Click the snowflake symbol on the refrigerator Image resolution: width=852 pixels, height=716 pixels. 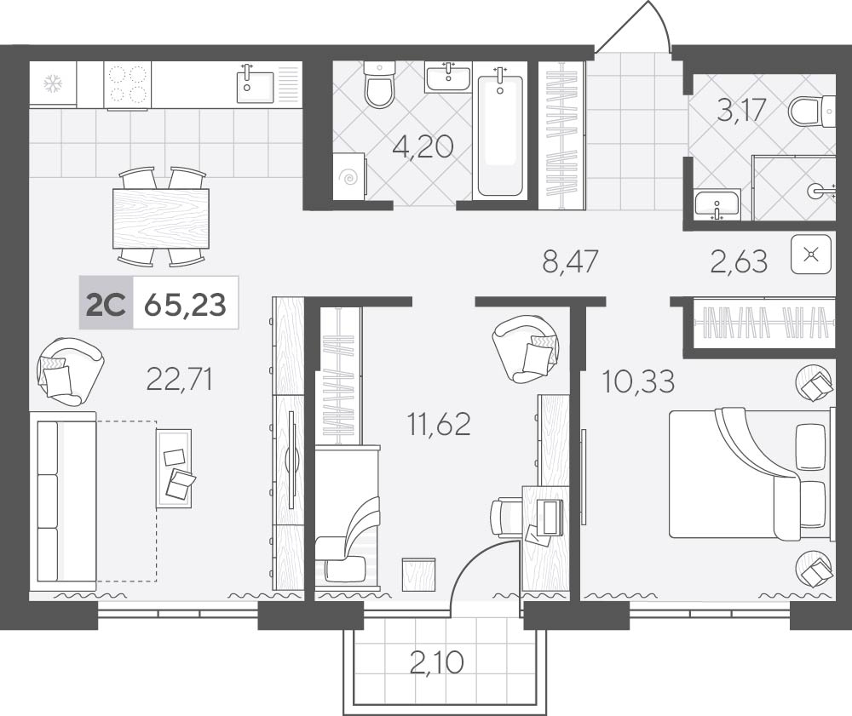[x=53, y=83]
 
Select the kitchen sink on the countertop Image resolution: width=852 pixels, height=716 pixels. [x=256, y=83]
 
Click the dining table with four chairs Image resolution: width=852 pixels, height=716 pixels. [x=161, y=217]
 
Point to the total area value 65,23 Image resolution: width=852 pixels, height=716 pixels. [x=185, y=304]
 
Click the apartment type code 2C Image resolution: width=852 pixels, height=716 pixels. [x=106, y=304]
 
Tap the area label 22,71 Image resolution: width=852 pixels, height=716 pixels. [x=179, y=379]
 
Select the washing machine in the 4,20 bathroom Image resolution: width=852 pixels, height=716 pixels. [x=348, y=176]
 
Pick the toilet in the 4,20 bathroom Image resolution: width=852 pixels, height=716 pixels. [x=379, y=84]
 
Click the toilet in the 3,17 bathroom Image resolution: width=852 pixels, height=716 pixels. [x=812, y=112]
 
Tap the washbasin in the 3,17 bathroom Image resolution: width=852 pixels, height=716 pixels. [x=717, y=204]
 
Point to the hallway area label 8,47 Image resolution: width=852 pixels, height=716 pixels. [x=570, y=261]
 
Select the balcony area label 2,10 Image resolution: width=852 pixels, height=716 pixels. [x=437, y=662]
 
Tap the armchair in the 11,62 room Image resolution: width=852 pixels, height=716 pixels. [x=525, y=348]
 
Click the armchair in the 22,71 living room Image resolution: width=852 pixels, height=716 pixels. [x=70, y=371]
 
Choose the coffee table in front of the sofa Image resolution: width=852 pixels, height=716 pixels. [x=174, y=468]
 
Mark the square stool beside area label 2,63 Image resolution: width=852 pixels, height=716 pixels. [x=811, y=254]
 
